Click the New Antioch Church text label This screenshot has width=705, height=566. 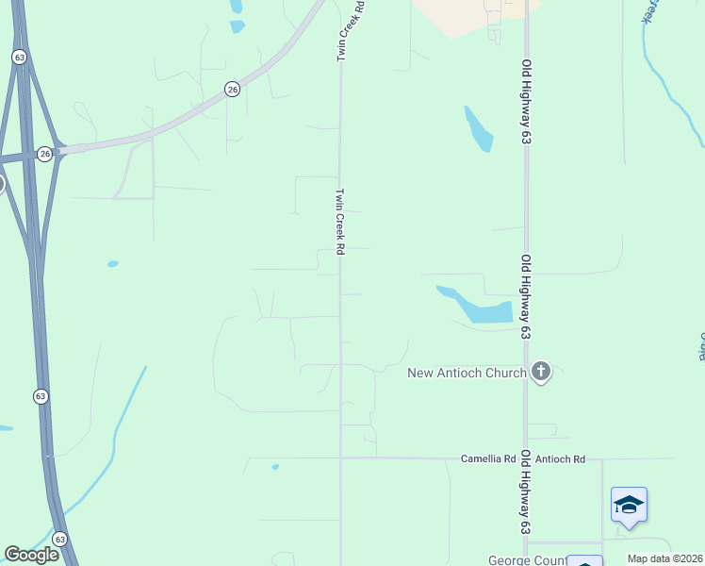467,373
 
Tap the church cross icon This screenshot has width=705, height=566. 541,372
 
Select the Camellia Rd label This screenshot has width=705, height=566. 488,458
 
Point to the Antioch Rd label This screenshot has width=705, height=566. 560,458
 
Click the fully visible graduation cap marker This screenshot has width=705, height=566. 629,506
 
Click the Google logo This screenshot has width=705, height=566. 31,555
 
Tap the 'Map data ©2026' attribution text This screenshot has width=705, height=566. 665,558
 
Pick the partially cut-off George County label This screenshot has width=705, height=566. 527,559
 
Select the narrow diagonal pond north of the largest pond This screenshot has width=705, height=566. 478,129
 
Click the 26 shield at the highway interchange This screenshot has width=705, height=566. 44,153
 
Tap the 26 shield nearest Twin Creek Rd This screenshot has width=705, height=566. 232,89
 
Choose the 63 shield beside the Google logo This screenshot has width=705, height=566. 60,539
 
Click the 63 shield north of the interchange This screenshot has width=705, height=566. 20,57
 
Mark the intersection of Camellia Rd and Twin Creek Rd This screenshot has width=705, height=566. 340,458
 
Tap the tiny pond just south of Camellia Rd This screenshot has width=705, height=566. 275,466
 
